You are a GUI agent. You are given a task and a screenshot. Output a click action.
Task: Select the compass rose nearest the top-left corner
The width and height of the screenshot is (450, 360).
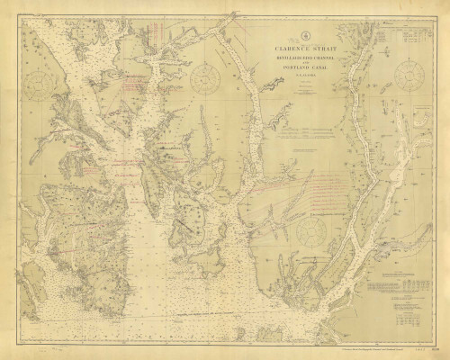pos(41,86)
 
